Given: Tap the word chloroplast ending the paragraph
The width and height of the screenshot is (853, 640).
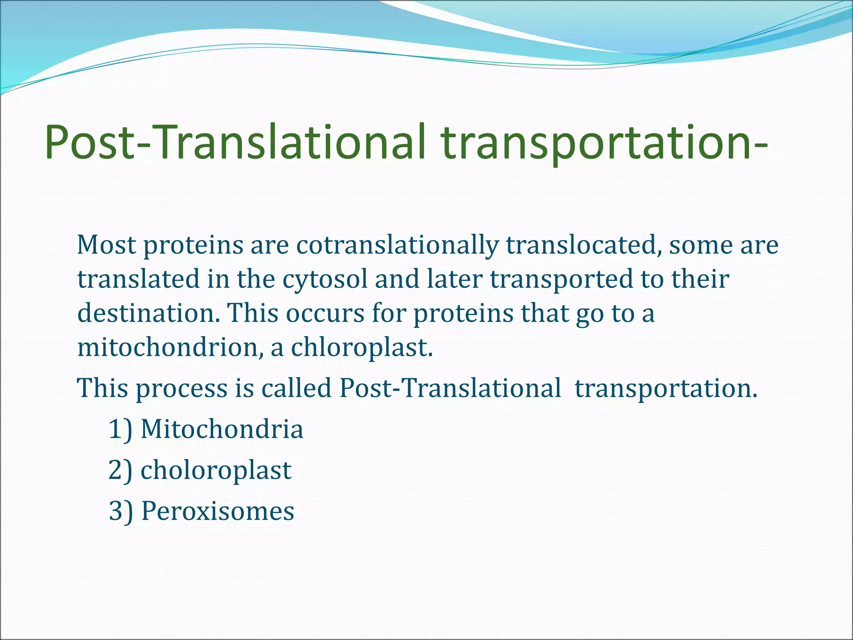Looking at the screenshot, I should (x=362, y=347).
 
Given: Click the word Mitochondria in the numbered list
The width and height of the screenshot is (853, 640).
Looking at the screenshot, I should (x=222, y=429).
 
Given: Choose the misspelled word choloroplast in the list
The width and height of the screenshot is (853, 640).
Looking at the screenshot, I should (x=216, y=470).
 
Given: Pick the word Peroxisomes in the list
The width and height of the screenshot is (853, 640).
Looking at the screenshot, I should (x=218, y=511).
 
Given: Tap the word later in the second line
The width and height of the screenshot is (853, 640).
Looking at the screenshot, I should (x=454, y=279).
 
